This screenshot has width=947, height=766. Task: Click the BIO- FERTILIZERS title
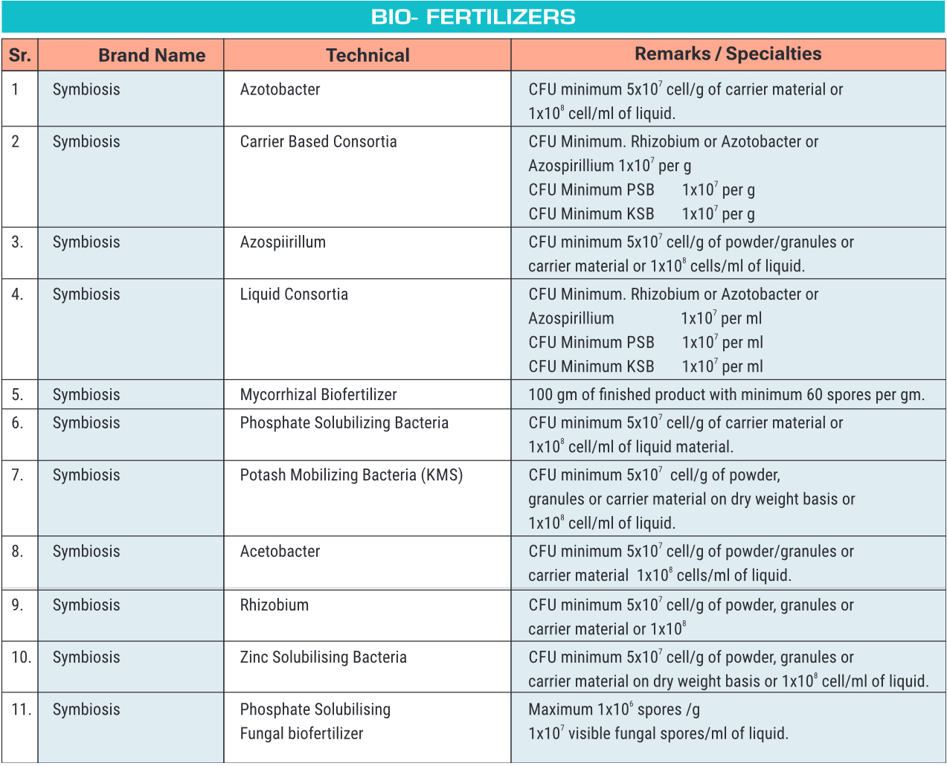coord(473,17)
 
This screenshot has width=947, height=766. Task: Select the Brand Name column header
coord(152,55)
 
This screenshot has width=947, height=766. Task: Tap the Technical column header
coord(367,55)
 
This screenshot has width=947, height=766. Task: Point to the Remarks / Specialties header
coord(728,54)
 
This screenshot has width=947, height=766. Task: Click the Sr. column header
coord(20,55)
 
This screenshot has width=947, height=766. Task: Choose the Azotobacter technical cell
coord(280,89)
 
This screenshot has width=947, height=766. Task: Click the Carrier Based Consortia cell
coord(318,141)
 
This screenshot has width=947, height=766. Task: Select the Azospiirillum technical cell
coord(283,242)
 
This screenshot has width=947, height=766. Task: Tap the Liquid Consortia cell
coord(294,294)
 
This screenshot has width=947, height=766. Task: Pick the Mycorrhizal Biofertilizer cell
coord(318,394)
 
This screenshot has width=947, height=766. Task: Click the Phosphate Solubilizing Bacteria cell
coord(344,422)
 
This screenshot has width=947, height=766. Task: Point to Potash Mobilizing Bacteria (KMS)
coord(351,474)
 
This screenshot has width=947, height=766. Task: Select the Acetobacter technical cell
coord(280,551)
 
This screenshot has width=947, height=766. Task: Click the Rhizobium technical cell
coord(274,605)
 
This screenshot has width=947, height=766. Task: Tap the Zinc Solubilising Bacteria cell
coord(323,657)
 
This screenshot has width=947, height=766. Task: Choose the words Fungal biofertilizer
coord(301,733)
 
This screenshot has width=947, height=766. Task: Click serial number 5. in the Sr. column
coord(17,394)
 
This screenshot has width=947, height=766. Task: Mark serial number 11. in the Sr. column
coord(21,709)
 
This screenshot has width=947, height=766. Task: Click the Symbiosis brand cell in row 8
coord(86,551)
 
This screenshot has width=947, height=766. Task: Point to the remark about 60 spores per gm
coord(726,394)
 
